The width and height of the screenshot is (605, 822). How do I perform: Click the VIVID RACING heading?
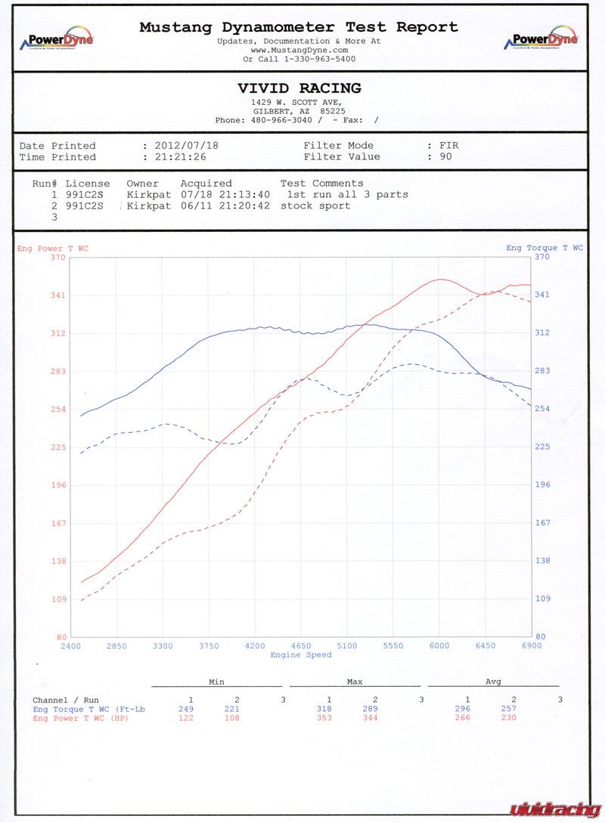pos(299,88)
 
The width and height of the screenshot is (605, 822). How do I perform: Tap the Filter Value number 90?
pos(445,157)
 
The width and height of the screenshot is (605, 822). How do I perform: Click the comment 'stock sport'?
pos(315,205)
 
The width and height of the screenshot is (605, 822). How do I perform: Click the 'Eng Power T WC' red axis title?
pos(52,248)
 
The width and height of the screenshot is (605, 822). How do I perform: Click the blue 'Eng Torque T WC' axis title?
pos(544,248)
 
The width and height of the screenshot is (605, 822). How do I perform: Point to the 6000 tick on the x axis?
pos(439,646)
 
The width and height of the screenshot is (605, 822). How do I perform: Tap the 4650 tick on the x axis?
pos(301,646)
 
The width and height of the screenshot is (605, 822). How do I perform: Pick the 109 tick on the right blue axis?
pos(542,598)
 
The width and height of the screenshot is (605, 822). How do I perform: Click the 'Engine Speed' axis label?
pos(301,655)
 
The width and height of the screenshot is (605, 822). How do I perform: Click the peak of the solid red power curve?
pos(440,280)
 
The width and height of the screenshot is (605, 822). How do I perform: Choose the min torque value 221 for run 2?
pos(232,709)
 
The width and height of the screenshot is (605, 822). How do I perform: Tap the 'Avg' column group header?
pos(492,681)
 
